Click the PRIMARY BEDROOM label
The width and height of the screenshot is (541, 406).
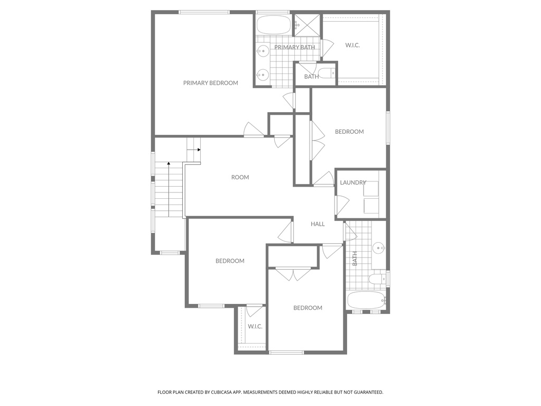point(210,83)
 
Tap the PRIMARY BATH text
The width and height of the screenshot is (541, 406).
point(294,48)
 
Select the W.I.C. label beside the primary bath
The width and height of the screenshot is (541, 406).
point(352,45)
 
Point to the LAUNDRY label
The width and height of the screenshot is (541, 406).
point(353,183)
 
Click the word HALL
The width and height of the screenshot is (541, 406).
point(318,224)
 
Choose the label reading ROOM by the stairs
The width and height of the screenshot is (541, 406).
point(240,178)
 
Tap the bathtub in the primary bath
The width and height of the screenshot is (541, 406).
point(273,25)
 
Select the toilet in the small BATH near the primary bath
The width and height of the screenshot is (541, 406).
point(327,73)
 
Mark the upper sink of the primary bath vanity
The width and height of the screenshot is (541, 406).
point(263,52)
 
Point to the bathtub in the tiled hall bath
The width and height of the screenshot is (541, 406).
point(366,300)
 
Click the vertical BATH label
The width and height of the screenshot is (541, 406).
point(355,258)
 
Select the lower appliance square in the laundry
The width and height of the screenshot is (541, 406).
point(371,206)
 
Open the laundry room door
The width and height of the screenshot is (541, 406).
point(341,205)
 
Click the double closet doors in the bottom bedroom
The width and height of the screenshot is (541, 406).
point(294,274)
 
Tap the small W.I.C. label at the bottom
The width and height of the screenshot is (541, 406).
point(255,327)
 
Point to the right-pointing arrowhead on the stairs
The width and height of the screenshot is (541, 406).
point(199,150)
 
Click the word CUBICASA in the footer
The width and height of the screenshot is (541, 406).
point(215,392)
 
